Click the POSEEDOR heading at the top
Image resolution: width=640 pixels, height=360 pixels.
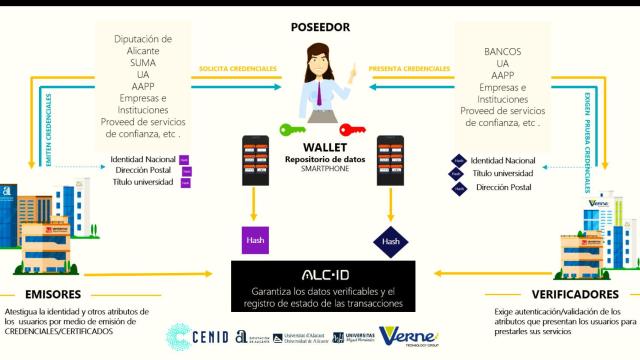(x=319, y=27)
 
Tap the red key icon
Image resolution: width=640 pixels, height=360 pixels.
(x=353, y=128)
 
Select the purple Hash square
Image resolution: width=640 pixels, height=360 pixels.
(x=255, y=240)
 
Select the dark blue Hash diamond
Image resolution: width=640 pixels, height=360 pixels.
(x=388, y=240)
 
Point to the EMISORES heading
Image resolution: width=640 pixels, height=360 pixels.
(x=41, y=296)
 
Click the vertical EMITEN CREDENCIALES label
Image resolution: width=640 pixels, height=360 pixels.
(x=48, y=130)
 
